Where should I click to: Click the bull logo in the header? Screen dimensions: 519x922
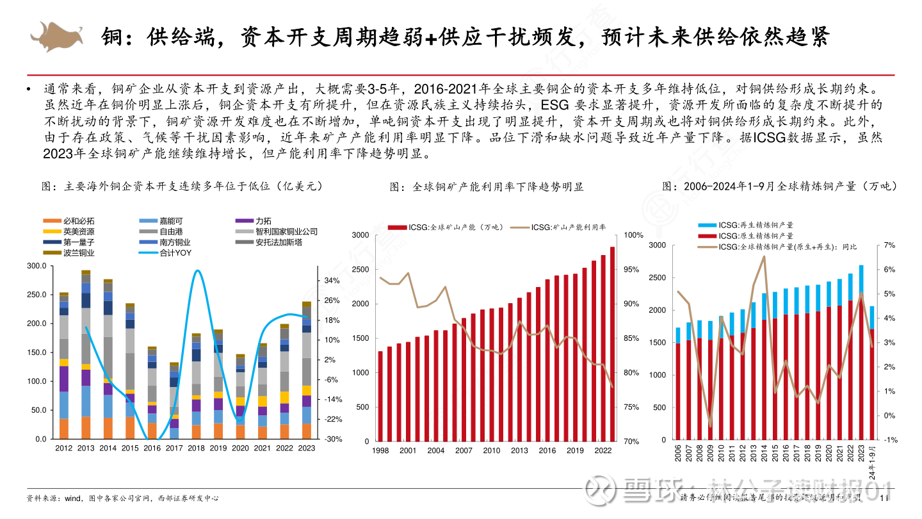click(57, 36)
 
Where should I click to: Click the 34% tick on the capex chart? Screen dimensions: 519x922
click(331, 281)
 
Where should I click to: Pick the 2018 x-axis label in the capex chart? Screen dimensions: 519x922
click(197, 448)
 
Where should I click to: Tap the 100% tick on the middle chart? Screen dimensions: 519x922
click(633, 235)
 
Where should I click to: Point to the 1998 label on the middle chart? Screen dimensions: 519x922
click(380, 450)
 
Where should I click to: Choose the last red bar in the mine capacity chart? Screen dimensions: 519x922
click(612, 343)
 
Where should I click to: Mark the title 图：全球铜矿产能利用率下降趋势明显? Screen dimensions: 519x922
click(487, 187)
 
